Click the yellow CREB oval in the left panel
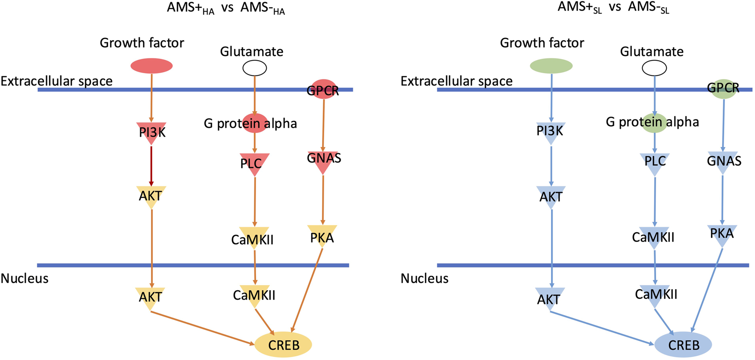283,344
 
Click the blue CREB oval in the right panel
683,344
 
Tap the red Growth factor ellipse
151,66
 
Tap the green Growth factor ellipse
551,66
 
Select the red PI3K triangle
151,132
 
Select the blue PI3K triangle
551,131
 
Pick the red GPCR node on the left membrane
323,89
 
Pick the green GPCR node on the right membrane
723,89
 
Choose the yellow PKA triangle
323,236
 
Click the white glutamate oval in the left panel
254,68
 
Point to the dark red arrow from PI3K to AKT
151,166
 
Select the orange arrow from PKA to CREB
307,290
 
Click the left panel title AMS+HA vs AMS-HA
226,9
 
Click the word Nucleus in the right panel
424,279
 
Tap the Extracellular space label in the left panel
57,81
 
